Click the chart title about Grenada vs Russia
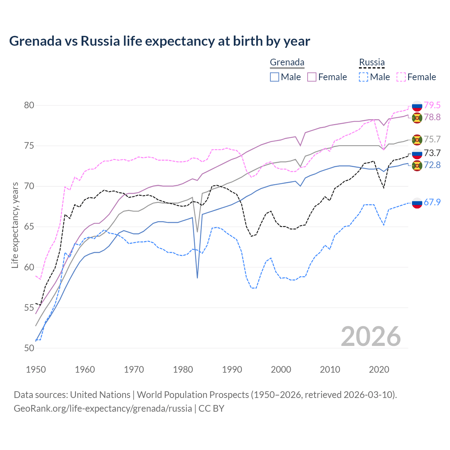160,41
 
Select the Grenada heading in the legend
287,62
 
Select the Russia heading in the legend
372,62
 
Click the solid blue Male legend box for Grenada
275,77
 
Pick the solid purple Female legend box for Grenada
312,77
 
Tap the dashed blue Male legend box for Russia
364,77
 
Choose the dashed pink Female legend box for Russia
401,77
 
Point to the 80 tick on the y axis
29,105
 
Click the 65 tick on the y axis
29,227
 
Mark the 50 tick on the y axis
29,348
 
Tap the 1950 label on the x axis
36,369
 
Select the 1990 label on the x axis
232,369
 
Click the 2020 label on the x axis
379,369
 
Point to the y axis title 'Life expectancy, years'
15,225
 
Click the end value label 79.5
432,105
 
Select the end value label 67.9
432,202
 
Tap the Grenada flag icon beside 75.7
417,140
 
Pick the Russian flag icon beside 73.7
417,153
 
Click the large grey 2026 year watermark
371,336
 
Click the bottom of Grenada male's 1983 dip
198,278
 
